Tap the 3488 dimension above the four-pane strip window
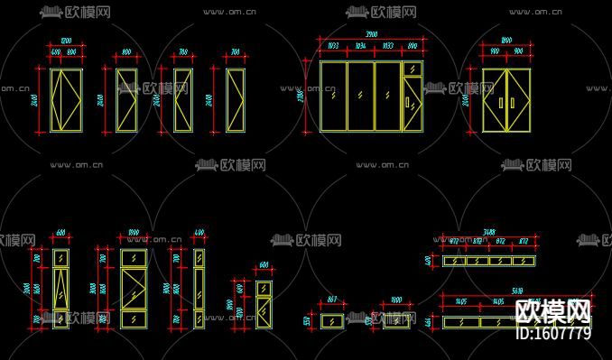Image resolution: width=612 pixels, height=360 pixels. point(488,232)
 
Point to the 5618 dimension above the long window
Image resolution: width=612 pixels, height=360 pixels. point(517,291)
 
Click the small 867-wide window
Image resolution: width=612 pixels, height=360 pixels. point(331,321)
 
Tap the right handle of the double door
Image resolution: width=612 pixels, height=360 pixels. point(512,103)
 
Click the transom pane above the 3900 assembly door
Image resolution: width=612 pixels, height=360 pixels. point(412,69)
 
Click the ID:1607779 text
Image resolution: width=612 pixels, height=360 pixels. point(552,333)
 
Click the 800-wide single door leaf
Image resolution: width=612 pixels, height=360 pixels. point(126,99)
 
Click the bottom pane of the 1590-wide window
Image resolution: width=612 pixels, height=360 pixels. point(133,318)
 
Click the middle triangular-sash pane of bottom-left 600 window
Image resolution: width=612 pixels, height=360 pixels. point(60,289)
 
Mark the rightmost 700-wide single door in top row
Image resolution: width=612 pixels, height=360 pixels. point(235,99)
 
